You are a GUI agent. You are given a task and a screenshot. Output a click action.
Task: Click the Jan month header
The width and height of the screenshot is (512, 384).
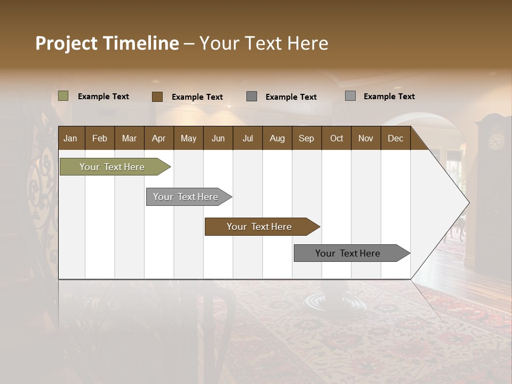tap(70, 138)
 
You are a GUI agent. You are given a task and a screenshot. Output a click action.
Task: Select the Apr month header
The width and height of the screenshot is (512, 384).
tap(158, 138)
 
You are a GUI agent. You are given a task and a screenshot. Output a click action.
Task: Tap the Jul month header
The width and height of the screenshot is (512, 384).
tap(247, 138)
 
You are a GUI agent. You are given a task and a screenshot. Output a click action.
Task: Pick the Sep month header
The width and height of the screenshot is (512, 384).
tap(306, 138)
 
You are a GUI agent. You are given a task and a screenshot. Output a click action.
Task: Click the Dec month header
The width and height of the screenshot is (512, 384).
tap(395, 138)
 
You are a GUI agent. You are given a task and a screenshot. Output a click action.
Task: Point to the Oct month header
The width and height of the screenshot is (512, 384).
tap(337, 138)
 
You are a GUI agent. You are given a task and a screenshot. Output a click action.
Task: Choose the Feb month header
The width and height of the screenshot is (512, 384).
tap(100, 138)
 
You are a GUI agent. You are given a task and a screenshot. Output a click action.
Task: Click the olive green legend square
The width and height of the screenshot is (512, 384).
tap(63, 96)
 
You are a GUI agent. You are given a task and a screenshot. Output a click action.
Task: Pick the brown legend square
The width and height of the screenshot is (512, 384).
tap(157, 97)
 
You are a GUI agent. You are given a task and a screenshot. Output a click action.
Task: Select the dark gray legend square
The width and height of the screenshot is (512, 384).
tap(252, 97)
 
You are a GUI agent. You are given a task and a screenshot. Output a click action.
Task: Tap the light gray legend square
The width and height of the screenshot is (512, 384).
tap(350, 96)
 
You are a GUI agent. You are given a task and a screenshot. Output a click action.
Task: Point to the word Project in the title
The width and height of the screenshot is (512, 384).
tap(66, 43)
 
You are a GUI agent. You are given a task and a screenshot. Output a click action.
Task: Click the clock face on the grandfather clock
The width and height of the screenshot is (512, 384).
tap(496, 141)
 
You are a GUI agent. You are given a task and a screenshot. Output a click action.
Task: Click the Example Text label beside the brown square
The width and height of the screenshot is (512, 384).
tap(197, 97)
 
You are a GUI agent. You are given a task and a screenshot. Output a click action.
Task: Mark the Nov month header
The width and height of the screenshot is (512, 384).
tap(365, 138)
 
